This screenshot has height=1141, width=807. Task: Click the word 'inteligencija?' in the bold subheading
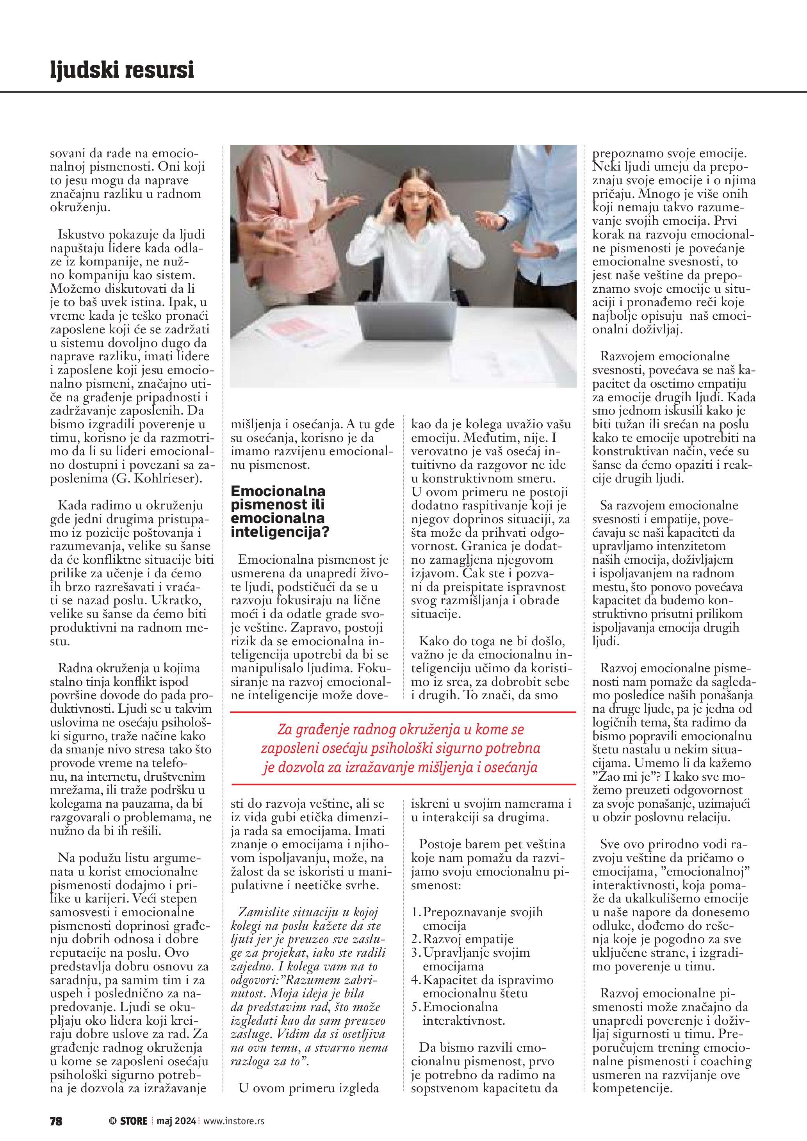tap(280, 532)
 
